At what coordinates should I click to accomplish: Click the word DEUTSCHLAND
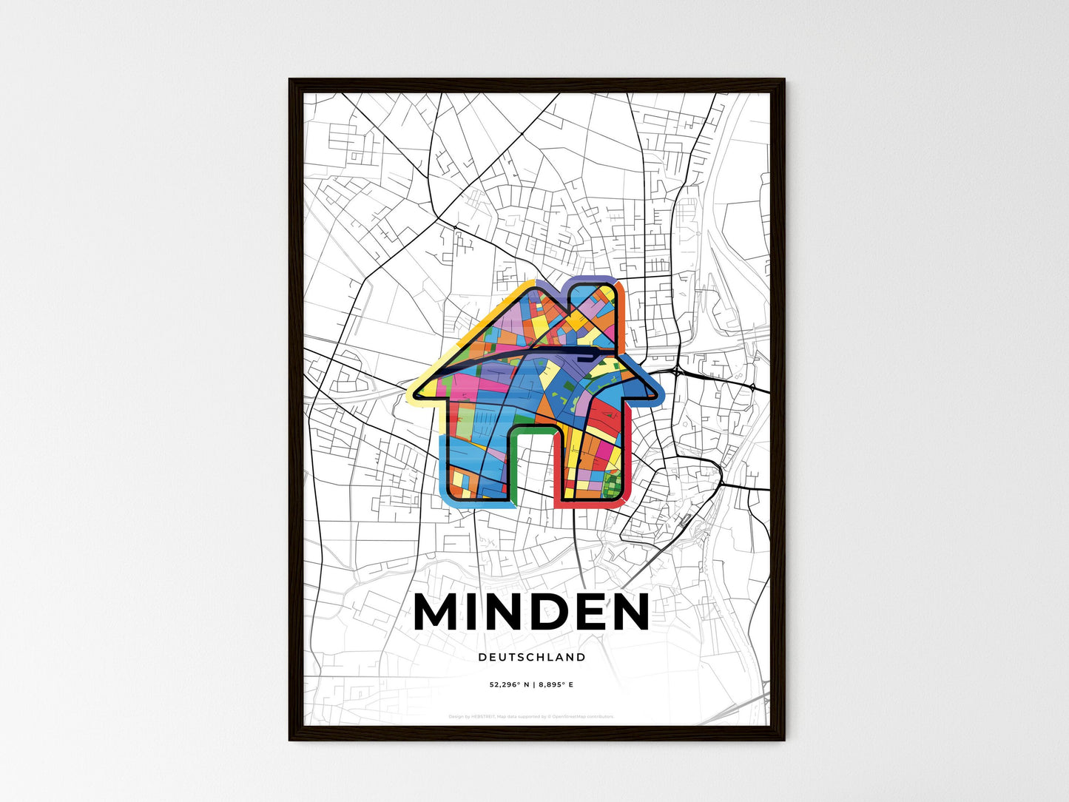tap(532, 657)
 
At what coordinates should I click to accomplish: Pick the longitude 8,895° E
tap(556, 685)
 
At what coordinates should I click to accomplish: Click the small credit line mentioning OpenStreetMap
tap(531, 716)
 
